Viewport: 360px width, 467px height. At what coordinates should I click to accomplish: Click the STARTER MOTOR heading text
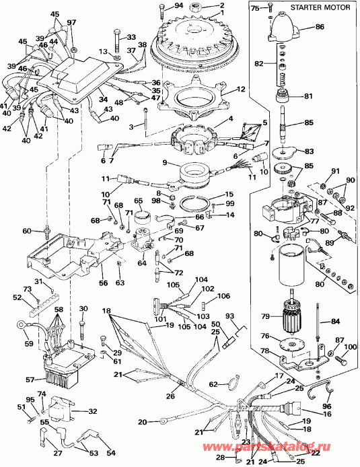[x=320, y=7]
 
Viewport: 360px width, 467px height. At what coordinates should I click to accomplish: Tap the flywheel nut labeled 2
[x=197, y=5]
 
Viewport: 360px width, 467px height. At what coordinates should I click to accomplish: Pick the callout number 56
[x=104, y=283]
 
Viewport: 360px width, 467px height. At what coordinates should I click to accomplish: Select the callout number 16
[x=326, y=414]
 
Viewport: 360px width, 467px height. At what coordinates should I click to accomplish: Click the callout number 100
[x=350, y=347]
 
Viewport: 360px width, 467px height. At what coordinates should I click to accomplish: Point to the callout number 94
[x=178, y=6]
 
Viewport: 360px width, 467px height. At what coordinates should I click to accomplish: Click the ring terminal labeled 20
[x=163, y=421]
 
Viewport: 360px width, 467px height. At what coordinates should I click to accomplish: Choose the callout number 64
[x=142, y=263]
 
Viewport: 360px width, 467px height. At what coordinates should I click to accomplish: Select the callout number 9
[x=165, y=163]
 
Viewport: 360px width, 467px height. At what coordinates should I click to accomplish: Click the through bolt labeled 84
[x=318, y=321]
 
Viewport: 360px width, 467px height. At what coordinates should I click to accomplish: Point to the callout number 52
[x=17, y=297]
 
